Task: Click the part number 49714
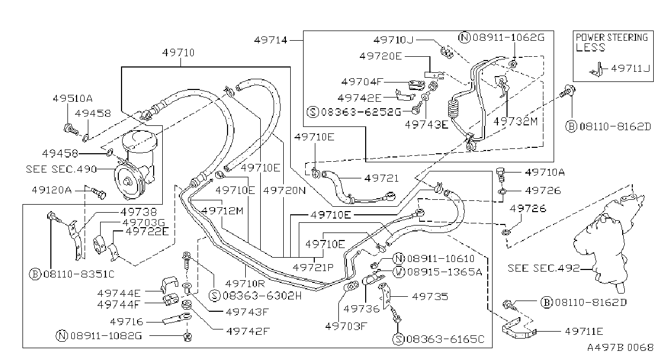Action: [x=270, y=40]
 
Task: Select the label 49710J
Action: [x=394, y=40]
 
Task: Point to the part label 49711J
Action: [x=630, y=69]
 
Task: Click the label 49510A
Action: [x=73, y=98]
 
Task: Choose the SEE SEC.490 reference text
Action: [x=61, y=169]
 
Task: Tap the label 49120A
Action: [x=52, y=190]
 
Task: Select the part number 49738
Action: [x=139, y=212]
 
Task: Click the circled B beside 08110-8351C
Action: [x=35, y=274]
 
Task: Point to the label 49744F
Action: [x=119, y=304]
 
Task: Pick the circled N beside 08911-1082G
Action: [x=62, y=335]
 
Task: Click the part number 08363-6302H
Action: [x=262, y=295]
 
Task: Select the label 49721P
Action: [x=313, y=267]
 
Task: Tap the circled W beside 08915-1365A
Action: [x=399, y=272]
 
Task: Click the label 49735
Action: [x=430, y=297]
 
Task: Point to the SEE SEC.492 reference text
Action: [x=544, y=268]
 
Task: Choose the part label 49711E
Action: [x=584, y=332]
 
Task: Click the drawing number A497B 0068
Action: [x=620, y=348]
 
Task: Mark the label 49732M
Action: [x=516, y=121]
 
